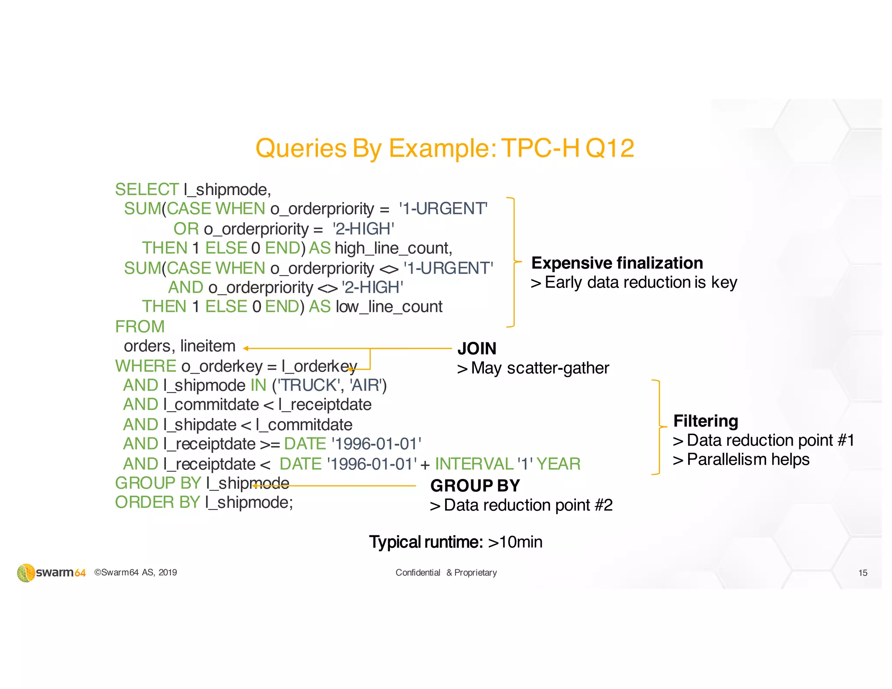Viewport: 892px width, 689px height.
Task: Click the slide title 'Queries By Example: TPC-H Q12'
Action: click(444, 148)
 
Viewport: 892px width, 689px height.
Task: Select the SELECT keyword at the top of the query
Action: click(146, 189)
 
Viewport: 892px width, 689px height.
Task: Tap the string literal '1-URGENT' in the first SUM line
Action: click(443, 209)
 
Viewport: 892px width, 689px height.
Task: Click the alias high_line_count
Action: click(393, 248)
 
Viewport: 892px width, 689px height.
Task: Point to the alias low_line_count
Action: click(389, 307)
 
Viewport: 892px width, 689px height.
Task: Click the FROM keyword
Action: click(140, 327)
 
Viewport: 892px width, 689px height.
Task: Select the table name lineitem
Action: click(208, 346)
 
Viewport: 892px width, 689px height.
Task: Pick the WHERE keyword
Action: click(145, 366)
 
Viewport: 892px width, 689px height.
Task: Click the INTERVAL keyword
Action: click(474, 464)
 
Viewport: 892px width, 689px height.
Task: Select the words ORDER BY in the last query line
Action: click(157, 503)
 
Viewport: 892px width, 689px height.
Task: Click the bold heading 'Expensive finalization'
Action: click(617, 263)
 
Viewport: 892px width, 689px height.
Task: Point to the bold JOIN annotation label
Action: click(477, 348)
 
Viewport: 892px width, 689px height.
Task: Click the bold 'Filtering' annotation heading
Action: click(706, 421)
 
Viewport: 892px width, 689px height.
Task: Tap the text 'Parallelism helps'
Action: click(748, 459)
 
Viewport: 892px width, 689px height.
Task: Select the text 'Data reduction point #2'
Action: click(528, 505)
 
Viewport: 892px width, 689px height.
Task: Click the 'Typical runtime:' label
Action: click(426, 542)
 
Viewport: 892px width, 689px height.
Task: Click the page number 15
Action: click(862, 573)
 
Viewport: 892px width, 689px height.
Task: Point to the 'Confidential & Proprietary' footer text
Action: click(446, 573)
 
